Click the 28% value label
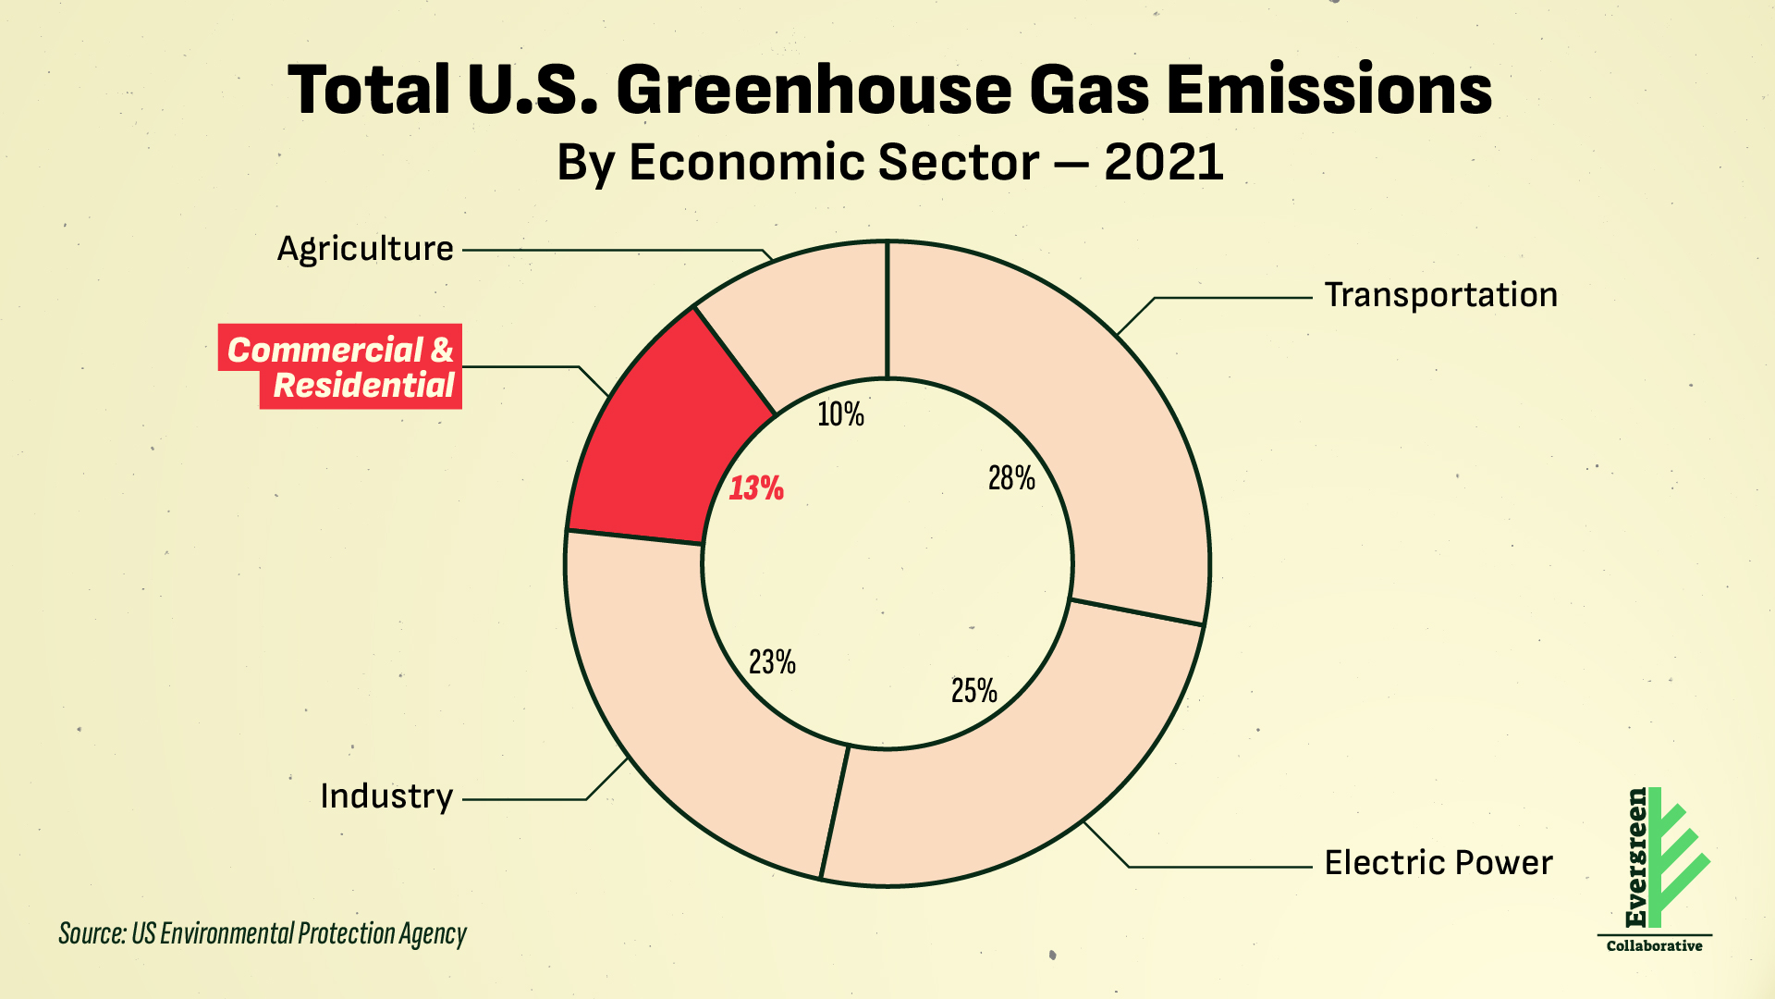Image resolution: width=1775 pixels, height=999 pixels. [x=1011, y=478]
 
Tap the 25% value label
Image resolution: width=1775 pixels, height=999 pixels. [x=974, y=691]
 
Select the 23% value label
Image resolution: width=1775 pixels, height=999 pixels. [x=772, y=662]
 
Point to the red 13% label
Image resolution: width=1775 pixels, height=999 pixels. [x=756, y=488]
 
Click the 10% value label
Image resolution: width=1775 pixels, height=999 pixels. [x=840, y=414]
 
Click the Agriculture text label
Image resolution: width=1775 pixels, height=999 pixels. [x=365, y=249]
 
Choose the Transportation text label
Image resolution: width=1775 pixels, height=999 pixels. [x=1440, y=295]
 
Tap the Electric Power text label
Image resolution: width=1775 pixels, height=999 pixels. [x=1438, y=863]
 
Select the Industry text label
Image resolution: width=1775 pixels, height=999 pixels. [x=386, y=796]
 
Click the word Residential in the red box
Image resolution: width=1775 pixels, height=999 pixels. [x=364, y=386]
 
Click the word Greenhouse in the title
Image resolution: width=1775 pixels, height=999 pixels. [x=814, y=91]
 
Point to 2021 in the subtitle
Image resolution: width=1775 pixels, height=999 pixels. [x=1163, y=163]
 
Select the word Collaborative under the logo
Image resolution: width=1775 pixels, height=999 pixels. [x=1654, y=946]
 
